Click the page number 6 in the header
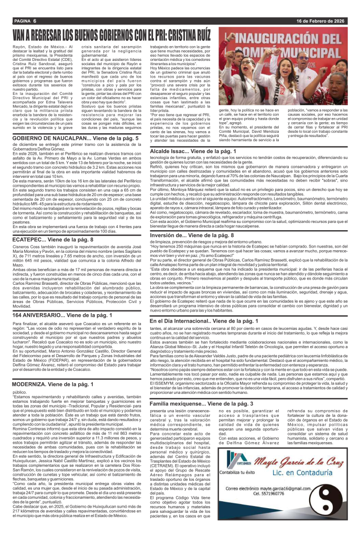click(x=34, y=21)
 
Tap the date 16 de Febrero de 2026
click(x=320, y=21)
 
